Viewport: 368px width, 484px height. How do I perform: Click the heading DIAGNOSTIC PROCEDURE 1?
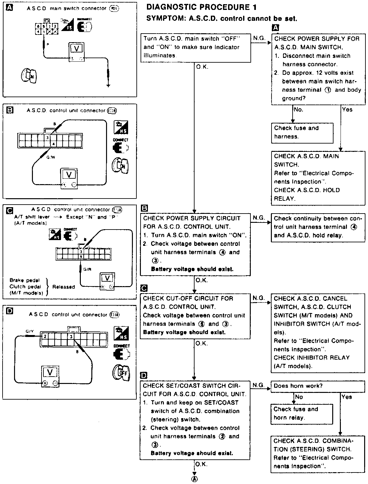[201, 7]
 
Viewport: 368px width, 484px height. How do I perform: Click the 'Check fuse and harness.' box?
[302, 132]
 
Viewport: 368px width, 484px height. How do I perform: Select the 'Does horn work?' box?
[318, 386]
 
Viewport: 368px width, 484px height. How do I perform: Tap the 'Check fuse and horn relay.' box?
[302, 414]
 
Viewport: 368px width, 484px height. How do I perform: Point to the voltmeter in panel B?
[69, 178]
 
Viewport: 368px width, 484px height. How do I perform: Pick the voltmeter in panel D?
[50, 377]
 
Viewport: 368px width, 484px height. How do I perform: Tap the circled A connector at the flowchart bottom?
[194, 479]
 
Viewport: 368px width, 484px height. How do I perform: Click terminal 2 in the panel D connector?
[45, 336]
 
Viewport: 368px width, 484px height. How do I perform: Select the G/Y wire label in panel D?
[30, 332]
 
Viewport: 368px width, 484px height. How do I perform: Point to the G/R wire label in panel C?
[87, 269]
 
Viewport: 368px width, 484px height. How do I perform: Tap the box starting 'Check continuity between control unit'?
[318, 227]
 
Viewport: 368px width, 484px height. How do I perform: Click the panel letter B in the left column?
[10, 110]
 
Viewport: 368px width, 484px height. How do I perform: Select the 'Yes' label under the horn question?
[347, 397]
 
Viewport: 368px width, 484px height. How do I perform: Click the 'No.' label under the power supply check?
[298, 110]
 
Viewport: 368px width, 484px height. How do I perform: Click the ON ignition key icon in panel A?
[29, 76]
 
